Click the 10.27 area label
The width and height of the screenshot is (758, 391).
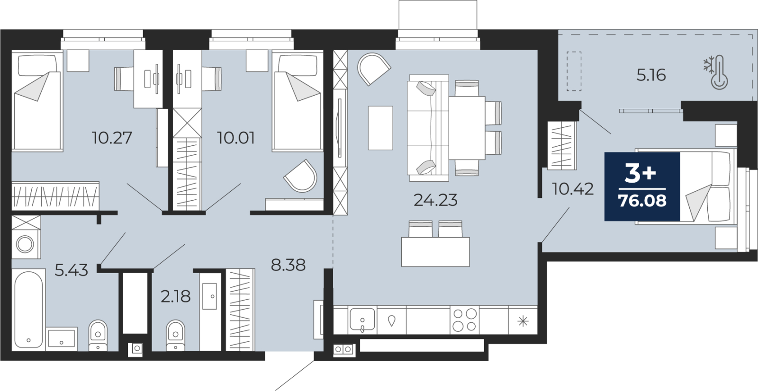pos(112,138)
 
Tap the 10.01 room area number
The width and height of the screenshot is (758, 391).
pos(236,138)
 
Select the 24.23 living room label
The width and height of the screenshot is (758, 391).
pos(435,200)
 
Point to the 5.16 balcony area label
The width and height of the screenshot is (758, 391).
pos(651,75)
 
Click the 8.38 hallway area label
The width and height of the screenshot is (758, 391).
pos(289,265)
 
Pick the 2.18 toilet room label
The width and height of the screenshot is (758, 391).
pos(175,297)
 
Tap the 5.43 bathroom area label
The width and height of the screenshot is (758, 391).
pos(71,270)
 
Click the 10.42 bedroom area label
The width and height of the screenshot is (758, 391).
pos(573,189)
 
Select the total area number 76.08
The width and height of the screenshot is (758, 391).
pos(642,201)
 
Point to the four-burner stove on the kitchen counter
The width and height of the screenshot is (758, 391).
pos(465,320)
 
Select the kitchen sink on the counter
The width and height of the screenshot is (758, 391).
pos(362,320)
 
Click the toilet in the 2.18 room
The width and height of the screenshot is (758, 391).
pos(176,335)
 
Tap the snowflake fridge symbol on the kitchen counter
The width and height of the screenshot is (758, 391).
pos(523,321)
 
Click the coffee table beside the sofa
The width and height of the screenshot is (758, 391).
pos(380,128)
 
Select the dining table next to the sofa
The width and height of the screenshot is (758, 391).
pos(467,128)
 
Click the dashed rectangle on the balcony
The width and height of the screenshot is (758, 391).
pos(574,71)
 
